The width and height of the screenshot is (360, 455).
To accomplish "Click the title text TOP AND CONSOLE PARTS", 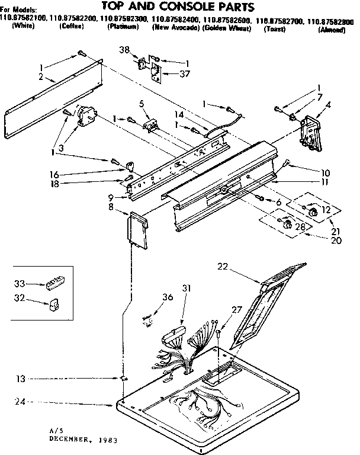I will tap(178, 7).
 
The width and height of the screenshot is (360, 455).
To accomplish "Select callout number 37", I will tap(171, 73).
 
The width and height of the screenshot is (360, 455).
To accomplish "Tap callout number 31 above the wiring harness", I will tap(187, 289).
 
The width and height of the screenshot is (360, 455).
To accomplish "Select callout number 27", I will tap(236, 309).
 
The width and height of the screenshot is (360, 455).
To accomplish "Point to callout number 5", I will tap(142, 103).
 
